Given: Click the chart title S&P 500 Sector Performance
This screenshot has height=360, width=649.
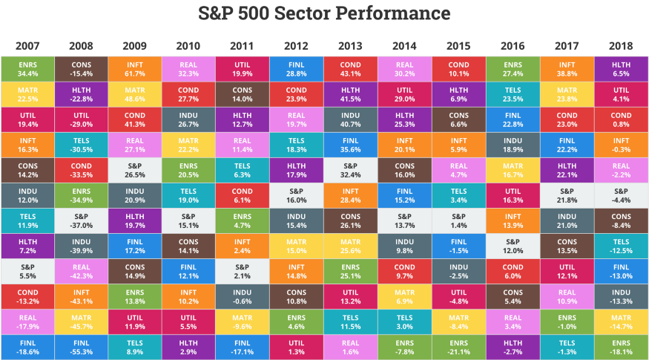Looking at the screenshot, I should (324, 13).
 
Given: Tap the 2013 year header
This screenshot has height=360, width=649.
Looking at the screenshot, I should (351, 46).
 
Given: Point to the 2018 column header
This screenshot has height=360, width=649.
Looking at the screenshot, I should (622, 46).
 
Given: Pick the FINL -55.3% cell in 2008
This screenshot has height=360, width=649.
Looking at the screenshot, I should (81, 345).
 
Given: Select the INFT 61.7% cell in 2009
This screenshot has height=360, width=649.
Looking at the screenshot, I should (135, 70).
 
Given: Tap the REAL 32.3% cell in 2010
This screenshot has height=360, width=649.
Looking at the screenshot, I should (189, 70).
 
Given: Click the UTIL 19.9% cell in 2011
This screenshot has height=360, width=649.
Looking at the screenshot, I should (243, 70).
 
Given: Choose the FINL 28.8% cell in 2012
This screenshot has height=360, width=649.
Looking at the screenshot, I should (297, 70).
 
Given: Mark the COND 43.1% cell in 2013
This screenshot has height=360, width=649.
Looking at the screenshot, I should (351, 70).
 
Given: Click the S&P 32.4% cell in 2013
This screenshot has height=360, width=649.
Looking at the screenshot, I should (351, 170).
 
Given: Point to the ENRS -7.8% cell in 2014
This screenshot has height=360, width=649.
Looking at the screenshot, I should (405, 345).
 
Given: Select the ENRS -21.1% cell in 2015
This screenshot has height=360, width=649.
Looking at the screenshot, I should (459, 345).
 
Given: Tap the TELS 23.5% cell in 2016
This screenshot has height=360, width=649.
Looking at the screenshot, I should (513, 95).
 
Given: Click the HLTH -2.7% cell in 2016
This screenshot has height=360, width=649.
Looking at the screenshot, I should (513, 345).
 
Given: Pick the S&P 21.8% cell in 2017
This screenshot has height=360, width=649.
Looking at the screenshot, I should (567, 195).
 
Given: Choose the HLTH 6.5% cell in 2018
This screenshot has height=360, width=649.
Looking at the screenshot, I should (622, 70).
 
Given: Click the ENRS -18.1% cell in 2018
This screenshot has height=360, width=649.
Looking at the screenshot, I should (622, 345).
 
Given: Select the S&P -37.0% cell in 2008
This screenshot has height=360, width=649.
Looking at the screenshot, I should (81, 220).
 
